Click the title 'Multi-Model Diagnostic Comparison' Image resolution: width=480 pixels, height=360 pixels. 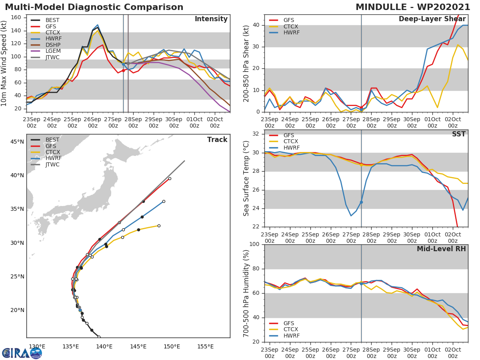[x=94, y=7]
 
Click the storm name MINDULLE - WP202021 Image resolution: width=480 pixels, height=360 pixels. [x=413, y=7]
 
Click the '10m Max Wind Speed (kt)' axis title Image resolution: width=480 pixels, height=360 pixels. [x=4, y=63]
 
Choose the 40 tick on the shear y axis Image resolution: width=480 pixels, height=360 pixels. [x=257, y=25]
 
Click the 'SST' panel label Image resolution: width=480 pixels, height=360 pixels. [x=458, y=134]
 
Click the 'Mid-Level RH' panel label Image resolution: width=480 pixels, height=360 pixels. [x=441, y=249]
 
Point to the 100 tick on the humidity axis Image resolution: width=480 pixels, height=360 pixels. [x=255, y=244]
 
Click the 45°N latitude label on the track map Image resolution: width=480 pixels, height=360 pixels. [x=17, y=142]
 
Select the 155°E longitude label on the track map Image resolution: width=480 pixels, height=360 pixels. [x=205, y=346]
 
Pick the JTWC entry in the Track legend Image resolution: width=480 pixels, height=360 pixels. [x=52, y=164]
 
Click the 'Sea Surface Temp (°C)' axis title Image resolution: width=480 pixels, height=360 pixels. [x=247, y=178]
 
